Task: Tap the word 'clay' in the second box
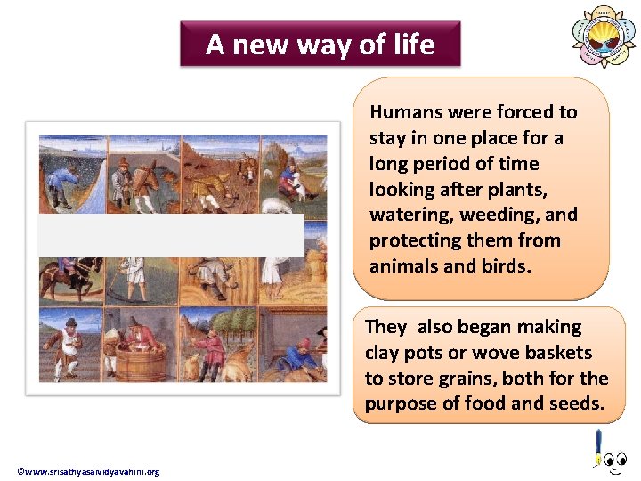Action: tap(383, 353)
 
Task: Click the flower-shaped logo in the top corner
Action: tap(604, 37)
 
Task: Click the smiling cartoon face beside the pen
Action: tap(615, 460)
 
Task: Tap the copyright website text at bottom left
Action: tap(88, 471)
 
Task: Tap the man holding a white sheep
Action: tap(290, 178)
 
